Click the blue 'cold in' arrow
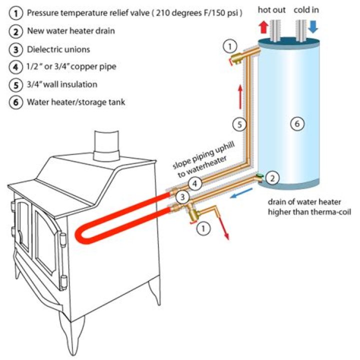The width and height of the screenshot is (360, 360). pos(313,27)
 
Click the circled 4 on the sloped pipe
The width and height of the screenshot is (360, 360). pos(197,184)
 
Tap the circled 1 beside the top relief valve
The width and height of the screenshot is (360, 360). pos(229,47)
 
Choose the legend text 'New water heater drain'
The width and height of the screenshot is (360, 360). pos(71,31)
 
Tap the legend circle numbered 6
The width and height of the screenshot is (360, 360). pos(15,102)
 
